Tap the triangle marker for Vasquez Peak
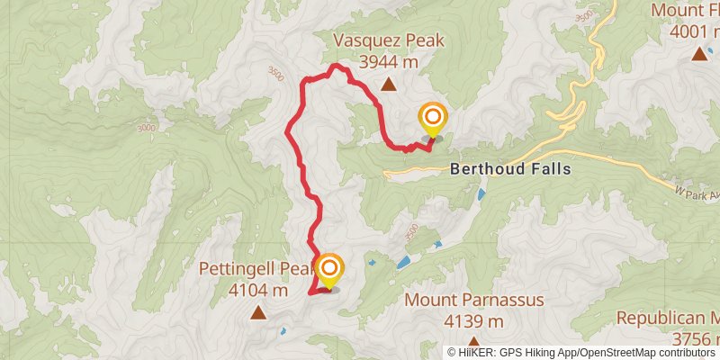388,85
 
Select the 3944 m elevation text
388,61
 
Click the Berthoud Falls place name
510,168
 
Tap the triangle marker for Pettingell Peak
258,312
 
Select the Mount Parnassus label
474,300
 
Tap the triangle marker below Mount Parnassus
473,343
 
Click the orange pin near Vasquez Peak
433,119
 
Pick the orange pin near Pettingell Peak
330,269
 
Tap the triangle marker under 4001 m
698,54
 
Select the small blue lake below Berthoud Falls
481,193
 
